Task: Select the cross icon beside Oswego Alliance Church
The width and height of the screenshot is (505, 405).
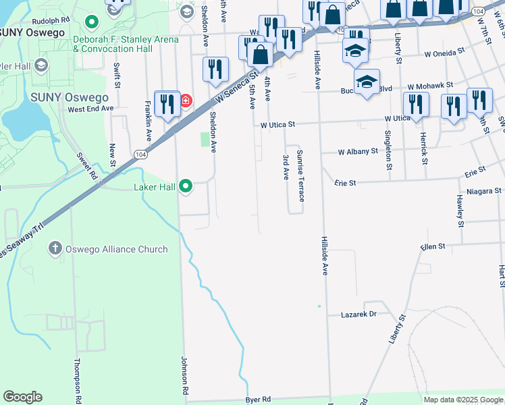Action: (55, 249)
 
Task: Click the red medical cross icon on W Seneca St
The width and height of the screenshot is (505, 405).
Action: (184, 101)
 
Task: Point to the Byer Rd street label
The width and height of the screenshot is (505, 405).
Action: (258, 400)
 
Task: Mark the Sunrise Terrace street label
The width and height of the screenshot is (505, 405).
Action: (300, 175)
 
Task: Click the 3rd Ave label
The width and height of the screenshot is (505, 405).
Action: (286, 167)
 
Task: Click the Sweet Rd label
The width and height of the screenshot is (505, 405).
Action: (87, 165)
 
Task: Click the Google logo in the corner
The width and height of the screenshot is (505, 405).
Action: (22, 397)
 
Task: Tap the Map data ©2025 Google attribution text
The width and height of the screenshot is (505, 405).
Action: (462, 400)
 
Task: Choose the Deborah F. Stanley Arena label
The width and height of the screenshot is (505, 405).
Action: (126, 44)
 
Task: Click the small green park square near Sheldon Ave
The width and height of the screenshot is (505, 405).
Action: (206, 139)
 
